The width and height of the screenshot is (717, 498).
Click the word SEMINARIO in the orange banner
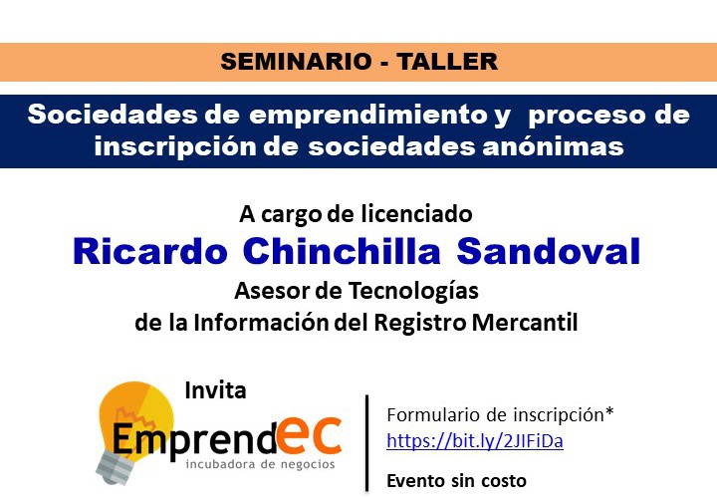[x=296, y=62]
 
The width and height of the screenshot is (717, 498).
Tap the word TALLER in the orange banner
[x=447, y=62]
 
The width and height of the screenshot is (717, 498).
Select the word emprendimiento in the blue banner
[x=368, y=115]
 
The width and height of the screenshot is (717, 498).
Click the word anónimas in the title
[x=554, y=146]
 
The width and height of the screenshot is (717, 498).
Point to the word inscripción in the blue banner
[x=173, y=146]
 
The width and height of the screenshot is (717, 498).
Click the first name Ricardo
[x=150, y=252]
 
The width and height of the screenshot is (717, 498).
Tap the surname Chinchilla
[x=342, y=252]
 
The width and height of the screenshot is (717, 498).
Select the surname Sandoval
[x=549, y=252]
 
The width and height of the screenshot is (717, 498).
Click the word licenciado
[x=416, y=213]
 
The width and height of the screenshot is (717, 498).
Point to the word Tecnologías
[x=413, y=291]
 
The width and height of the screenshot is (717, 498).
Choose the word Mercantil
[x=525, y=323]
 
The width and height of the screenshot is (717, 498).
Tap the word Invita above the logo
[x=215, y=390]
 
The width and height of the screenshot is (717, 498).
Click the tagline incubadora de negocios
[x=261, y=464]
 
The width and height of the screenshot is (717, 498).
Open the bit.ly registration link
[x=475, y=441]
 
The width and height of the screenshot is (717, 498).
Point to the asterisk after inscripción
[x=609, y=411]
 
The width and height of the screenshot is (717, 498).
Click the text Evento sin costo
[x=456, y=481]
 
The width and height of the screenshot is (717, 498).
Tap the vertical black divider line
[x=366, y=442]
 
